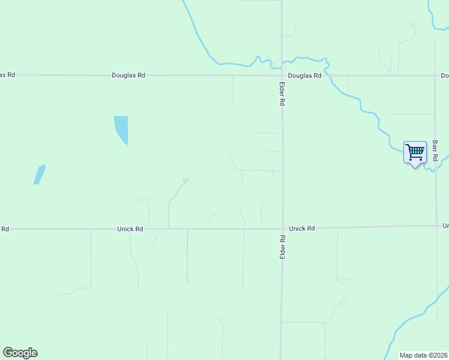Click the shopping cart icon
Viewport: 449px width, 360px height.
point(415,152)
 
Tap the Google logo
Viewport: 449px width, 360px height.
point(20,353)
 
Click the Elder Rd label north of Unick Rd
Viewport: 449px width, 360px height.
point(282,94)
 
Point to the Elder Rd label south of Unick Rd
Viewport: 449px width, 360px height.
point(282,247)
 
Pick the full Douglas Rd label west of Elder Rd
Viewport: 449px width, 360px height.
point(128,76)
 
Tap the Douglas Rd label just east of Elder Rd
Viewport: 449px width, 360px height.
point(304,76)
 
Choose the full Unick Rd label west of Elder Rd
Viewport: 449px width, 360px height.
point(130,229)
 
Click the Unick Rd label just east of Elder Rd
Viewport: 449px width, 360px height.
point(302,229)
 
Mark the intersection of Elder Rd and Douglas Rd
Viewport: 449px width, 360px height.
point(282,76)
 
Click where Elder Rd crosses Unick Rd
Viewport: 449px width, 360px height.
point(282,229)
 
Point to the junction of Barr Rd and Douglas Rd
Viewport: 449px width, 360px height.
point(435,76)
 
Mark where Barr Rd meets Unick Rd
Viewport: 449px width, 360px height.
point(436,226)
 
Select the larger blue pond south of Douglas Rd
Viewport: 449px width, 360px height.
point(121,128)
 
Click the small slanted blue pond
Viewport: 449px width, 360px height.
point(39,175)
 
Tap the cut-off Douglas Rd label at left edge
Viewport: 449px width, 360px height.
point(7,75)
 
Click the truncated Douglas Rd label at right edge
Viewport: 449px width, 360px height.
point(445,76)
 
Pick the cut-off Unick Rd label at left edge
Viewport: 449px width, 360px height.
point(5,229)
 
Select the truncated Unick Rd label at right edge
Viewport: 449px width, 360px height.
point(445,226)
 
